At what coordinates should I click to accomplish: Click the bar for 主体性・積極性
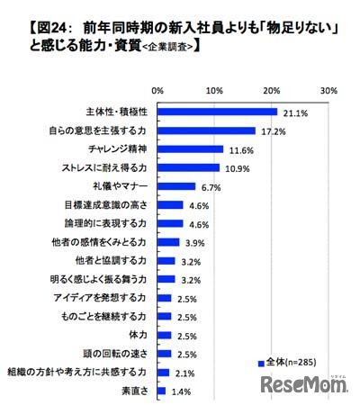[217, 112]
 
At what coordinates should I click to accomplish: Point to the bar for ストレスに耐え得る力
[188, 167]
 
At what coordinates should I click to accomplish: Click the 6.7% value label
[211, 186]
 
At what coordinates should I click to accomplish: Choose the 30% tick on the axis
[328, 91]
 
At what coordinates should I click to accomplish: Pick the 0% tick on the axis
[157, 91]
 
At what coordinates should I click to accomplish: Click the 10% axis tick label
[214, 91]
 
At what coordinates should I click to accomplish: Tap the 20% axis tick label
[271, 91]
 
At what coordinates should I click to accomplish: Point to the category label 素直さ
[136, 391]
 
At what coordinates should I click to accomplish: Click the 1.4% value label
[181, 391]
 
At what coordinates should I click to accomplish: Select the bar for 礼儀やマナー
[176, 186]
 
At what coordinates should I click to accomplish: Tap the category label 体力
[139, 335]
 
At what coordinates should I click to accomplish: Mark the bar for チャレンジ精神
[190, 149]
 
